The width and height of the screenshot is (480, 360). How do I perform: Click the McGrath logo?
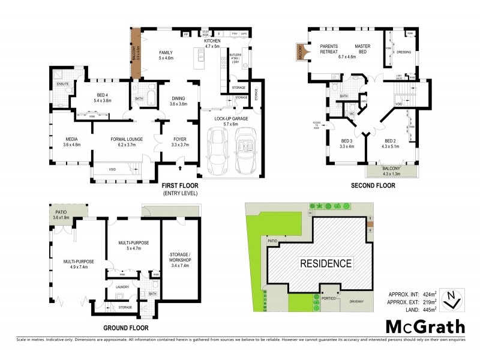click(x=425, y=326)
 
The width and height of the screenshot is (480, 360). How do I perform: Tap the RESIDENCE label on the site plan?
click(x=326, y=263)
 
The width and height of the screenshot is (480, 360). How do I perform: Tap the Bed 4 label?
click(x=102, y=98)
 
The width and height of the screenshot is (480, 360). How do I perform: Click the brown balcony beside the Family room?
click(x=136, y=53)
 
